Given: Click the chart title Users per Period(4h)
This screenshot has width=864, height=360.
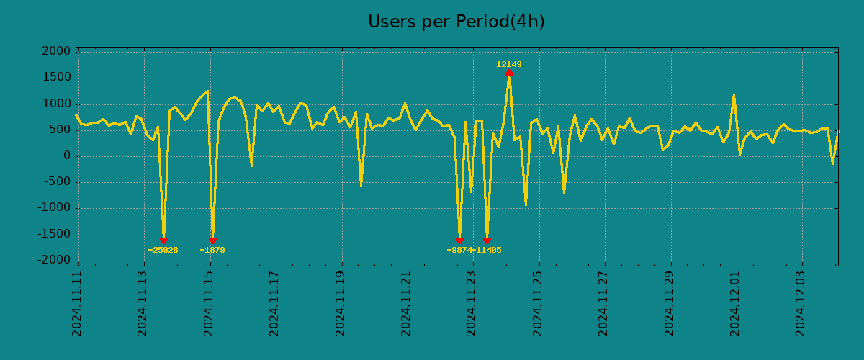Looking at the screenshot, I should point(456,22).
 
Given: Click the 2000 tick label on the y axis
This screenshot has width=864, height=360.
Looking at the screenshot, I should point(57,52).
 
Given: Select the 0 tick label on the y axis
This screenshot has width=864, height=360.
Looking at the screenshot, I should point(67,156).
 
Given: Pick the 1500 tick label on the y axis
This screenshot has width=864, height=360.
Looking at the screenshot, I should point(57,78).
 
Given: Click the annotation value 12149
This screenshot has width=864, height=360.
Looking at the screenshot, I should point(508,65).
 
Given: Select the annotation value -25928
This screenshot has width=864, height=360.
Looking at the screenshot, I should point(163,251).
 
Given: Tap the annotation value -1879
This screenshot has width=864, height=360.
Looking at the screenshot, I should point(212,251).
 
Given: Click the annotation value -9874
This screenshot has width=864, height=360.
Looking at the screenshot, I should point(459,251).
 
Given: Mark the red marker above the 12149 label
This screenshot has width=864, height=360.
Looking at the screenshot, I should point(509,73).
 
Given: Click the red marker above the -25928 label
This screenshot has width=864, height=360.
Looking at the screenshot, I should point(163,240).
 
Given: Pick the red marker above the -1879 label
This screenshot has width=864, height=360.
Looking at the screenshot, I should point(212,240).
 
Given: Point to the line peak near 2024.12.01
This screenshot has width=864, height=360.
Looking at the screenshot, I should point(734,94).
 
